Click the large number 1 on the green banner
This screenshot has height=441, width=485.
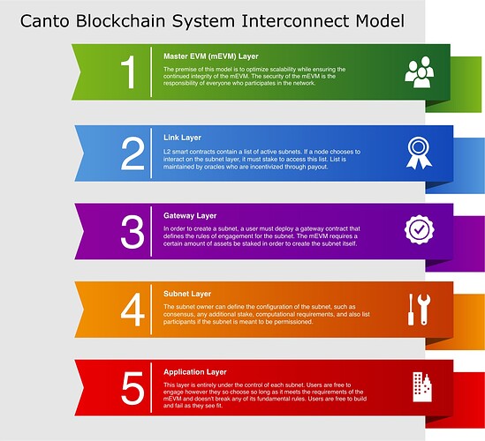(129, 72)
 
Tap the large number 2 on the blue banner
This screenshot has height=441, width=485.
(133, 153)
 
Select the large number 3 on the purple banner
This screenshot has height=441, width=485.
(133, 232)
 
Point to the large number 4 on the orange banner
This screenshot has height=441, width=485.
(133, 310)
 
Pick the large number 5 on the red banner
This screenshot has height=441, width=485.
(133, 388)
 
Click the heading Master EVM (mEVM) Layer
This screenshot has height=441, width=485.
(211, 56)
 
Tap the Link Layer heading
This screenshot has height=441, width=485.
(182, 138)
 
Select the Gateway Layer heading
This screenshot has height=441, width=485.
(190, 216)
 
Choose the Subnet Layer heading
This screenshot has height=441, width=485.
(187, 294)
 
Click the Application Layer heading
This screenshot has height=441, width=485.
(195, 372)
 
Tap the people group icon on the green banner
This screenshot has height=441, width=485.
(420, 72)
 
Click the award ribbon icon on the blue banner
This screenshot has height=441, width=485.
(419, 153)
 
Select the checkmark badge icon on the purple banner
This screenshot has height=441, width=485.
(419, 230)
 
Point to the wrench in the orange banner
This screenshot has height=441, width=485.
(424, 310)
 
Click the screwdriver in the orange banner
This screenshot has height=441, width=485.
(411, 310)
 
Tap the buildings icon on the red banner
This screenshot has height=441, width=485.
(422, 387)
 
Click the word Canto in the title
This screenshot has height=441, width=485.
(45, 21)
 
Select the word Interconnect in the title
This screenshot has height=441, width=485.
(295, 21)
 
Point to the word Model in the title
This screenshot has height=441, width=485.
(380, 21)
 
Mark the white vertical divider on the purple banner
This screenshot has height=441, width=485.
(151, 232)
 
